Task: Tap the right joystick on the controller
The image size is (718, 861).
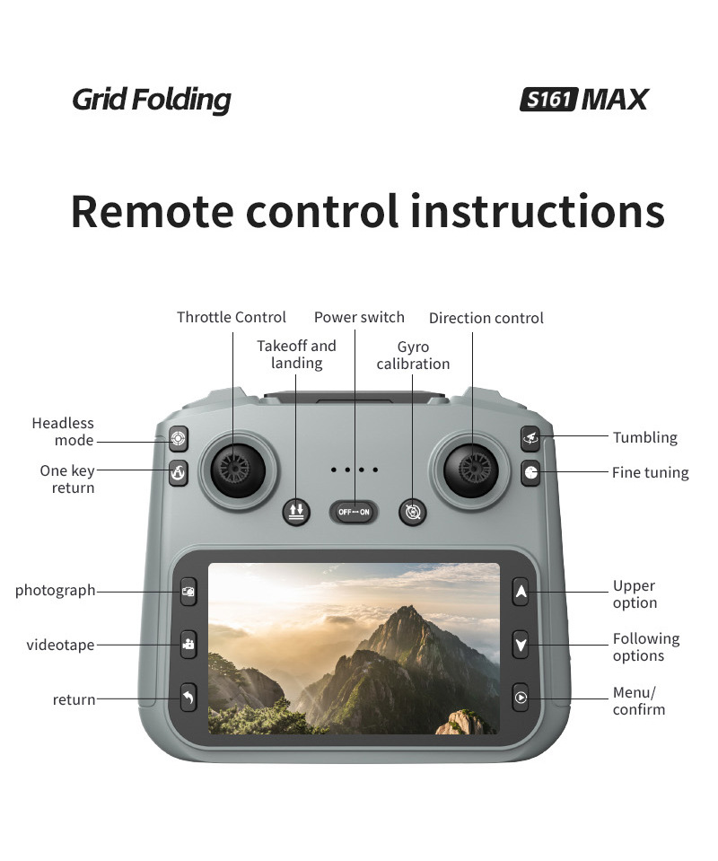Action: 472,466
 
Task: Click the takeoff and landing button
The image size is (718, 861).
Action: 296,512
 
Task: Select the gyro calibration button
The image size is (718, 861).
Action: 413,512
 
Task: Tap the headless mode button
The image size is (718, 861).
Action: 179,439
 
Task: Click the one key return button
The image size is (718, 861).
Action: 179,472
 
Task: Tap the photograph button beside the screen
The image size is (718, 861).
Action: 188,592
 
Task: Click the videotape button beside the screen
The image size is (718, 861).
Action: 188,644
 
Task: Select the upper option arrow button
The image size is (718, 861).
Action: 521,592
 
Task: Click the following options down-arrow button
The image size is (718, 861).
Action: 521,644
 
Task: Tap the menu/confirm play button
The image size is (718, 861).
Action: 521,697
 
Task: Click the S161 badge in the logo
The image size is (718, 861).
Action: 547,99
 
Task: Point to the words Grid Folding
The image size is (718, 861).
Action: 151,100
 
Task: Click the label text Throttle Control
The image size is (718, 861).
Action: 232,317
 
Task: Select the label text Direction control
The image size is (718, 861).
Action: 486,318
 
